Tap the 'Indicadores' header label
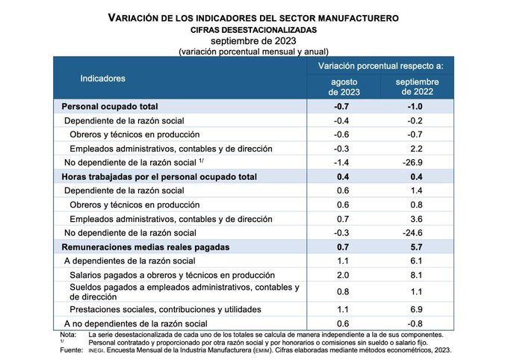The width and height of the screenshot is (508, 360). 103,78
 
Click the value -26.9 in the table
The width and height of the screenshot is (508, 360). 417,162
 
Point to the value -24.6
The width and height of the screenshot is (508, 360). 417,233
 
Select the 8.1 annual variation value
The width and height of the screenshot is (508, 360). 417,275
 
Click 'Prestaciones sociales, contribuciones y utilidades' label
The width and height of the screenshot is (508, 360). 165,308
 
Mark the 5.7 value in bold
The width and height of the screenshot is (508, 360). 417,246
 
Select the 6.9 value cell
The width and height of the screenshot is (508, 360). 417,308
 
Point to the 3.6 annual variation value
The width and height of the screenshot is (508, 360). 417,219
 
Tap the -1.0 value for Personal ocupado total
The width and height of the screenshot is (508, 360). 417,107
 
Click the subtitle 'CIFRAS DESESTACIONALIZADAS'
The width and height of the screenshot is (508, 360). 253,28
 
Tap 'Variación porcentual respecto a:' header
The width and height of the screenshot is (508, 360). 381,66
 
